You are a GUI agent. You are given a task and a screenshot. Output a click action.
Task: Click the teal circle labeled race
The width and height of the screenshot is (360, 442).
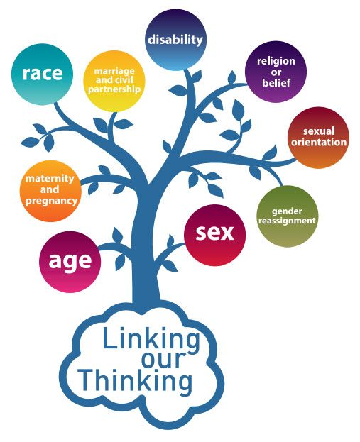coord(43,74)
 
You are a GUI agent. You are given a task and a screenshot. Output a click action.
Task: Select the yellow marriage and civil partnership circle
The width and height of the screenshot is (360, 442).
coord(114,81)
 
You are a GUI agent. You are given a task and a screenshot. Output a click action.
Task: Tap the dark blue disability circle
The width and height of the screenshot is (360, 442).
coord(175,40)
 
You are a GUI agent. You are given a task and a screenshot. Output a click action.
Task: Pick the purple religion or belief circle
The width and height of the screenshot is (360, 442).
coord(276,72)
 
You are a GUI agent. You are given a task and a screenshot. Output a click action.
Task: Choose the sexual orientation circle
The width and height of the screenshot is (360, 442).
coord(319,138)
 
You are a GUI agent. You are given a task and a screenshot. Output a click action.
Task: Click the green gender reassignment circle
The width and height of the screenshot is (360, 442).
coord(288,216)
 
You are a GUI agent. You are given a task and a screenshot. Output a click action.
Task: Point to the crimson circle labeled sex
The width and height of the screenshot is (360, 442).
coord(214,235)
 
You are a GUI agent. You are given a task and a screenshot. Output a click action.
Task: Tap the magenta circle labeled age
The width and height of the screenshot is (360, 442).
coord(70,262)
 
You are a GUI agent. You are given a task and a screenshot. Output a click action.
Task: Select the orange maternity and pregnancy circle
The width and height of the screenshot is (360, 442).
coord(50,191)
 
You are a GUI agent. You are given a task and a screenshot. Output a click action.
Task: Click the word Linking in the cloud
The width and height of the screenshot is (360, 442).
coord(151,338)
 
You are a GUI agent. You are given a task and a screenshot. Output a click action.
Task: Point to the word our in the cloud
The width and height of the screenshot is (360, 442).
coord(163,360)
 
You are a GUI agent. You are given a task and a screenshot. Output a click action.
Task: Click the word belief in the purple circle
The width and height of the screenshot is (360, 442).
coord(276,82)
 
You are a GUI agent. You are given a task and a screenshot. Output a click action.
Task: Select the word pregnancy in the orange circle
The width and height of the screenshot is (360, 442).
coord(51,201)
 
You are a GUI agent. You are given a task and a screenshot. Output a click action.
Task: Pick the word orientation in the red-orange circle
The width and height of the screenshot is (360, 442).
coord(319,142)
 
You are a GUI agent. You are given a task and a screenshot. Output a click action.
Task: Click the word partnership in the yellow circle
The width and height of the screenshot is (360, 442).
coord(114,89)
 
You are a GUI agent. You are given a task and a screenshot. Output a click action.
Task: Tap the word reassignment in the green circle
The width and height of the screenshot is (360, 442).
coord(287,221)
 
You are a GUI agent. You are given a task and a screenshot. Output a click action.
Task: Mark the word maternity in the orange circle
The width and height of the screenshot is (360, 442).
coord(50,179)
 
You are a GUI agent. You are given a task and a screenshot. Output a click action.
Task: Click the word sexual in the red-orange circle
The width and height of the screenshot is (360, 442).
coord(319,131)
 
